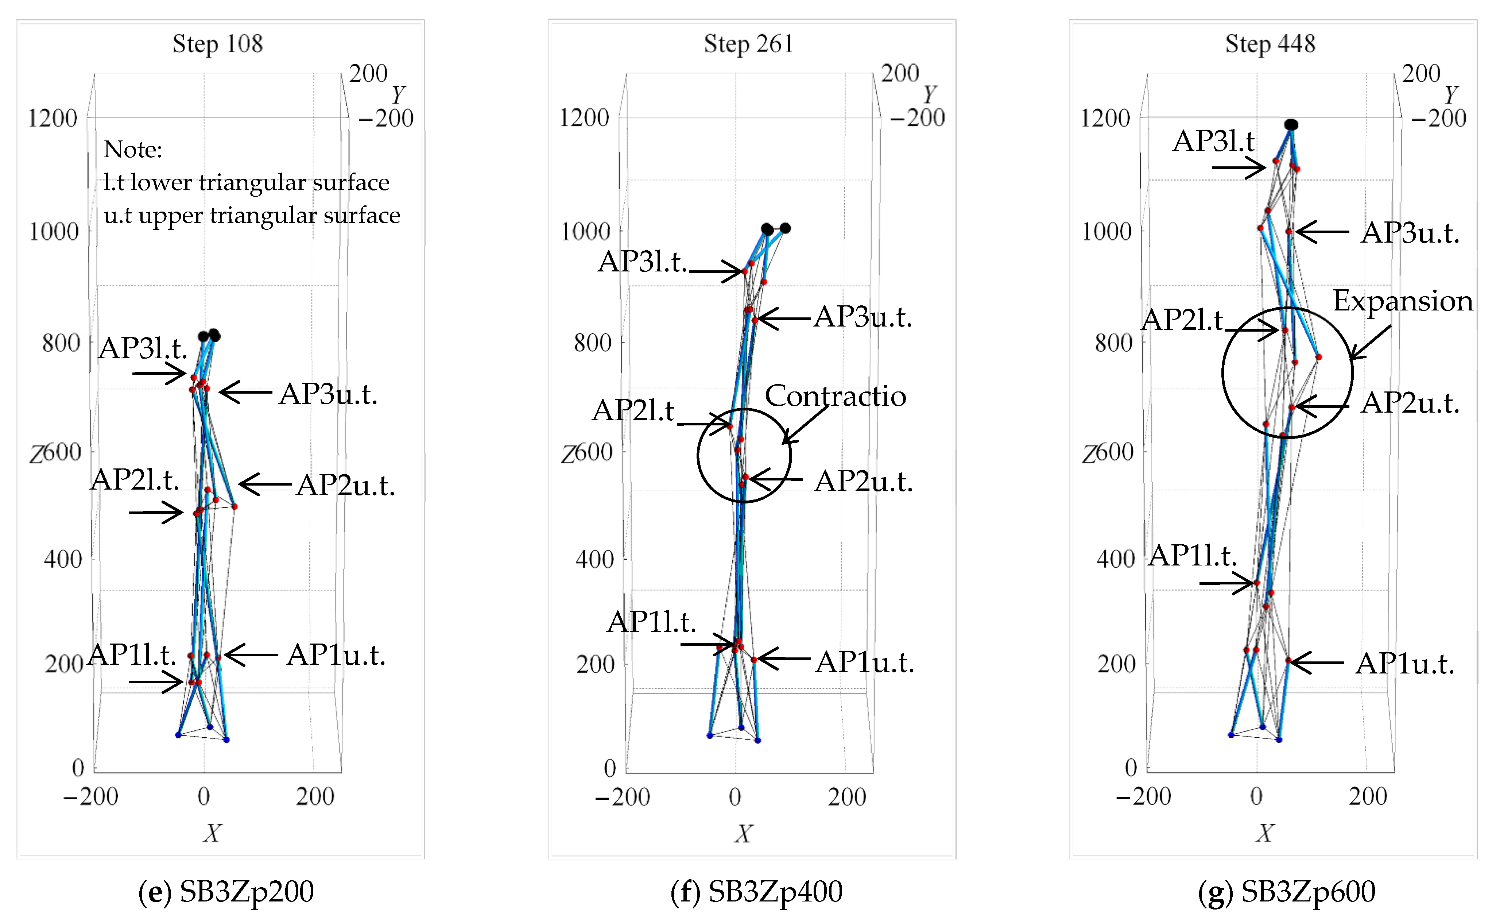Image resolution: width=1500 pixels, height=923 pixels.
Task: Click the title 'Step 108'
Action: coord(217,44)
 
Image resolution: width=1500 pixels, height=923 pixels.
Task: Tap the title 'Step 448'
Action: coord(1270,44)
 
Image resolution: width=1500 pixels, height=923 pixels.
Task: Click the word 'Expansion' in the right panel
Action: coord(1402,301)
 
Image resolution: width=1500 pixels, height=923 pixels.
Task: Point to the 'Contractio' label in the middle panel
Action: coord(835,396)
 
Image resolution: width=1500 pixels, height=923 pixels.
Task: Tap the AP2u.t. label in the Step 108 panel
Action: coord(345,486)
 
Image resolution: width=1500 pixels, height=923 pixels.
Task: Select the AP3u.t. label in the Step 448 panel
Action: coord(1410,233)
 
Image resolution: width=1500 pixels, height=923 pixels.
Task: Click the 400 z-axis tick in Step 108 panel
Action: coord(63,559)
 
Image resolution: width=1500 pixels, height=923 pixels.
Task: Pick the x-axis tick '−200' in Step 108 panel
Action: coord(91,797)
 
